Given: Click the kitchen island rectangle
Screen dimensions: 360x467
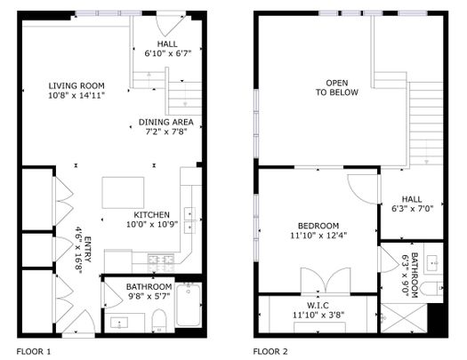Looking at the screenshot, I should point(122,191).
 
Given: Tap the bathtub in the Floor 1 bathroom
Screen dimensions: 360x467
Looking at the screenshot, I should point(189,305).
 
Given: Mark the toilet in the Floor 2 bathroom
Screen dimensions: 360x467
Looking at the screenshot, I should point(434,287).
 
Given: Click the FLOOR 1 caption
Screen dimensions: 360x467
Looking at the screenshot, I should point(34,351).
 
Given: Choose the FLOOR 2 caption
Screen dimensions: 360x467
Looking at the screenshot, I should point(270,351).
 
